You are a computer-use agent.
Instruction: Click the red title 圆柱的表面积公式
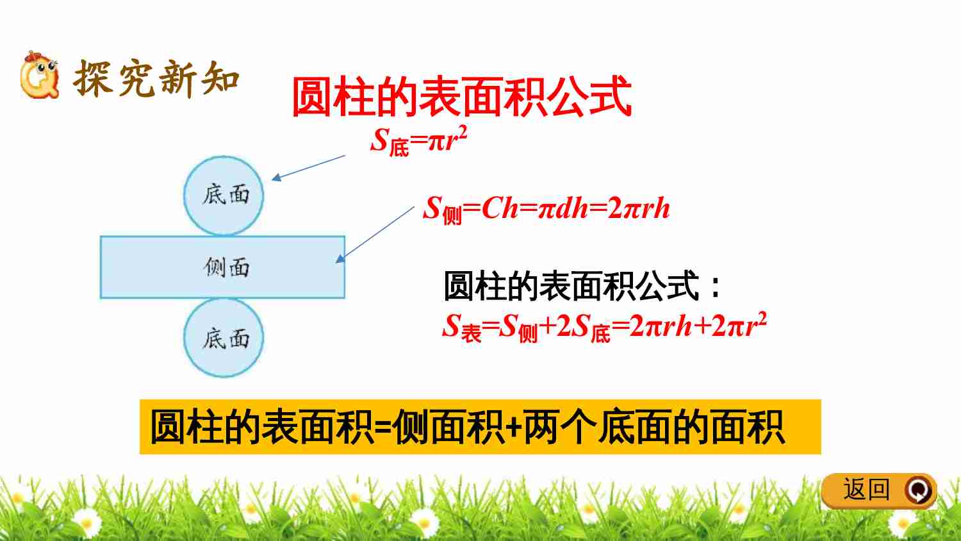click(462, 96)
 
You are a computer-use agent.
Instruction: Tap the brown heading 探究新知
click(156, 79)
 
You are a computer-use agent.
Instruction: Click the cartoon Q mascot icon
click(40, 75)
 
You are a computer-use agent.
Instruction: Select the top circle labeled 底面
click(224, 196)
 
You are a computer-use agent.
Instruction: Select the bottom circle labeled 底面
click(224, 338)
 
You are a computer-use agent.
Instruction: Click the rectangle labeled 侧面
click(223, 267)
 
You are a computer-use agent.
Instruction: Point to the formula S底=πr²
click(419, 141)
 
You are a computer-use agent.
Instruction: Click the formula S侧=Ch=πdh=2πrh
click(546, 210)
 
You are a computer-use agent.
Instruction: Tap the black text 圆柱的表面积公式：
click(582, 285)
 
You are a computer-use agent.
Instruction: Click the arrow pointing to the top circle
click(308, 168)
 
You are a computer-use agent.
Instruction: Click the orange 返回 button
click(879, 490)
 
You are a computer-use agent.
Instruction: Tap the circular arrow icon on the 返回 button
click(919, 490)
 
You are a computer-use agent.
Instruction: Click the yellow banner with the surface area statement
click(480, 427)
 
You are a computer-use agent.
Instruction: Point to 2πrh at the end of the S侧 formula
click(639, 209)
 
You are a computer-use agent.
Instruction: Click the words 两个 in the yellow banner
click(561, 427)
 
